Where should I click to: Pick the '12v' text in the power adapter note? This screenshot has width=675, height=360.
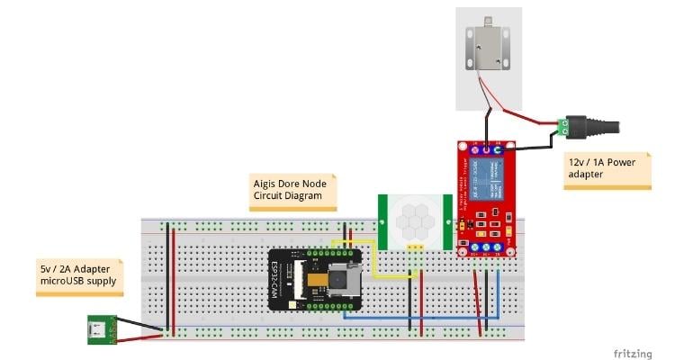578,162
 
